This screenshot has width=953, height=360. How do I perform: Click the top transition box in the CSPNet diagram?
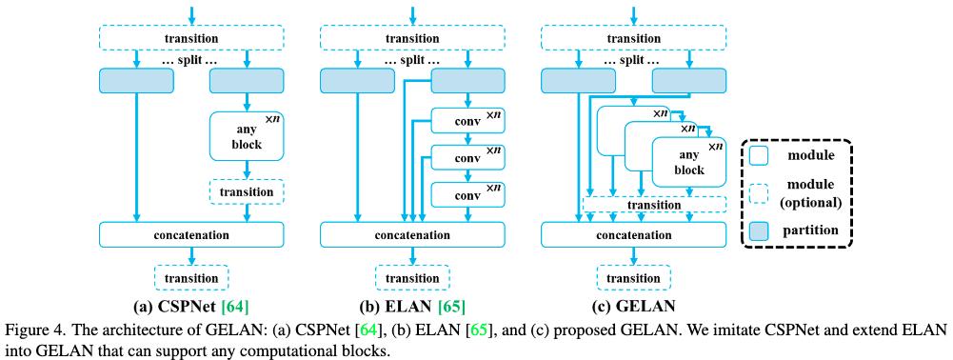click(191, 38)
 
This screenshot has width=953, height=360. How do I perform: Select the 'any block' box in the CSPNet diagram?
click(247, 137)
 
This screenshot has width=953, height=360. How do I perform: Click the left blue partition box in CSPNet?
click(136, 81)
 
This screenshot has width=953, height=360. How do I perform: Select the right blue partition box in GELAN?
click(688, 81)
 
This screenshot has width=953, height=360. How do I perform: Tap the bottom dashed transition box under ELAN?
click(412, 278)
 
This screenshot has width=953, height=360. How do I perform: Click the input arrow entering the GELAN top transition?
click(633, 13)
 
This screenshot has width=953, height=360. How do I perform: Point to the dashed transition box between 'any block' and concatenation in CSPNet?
click(247, 191)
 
